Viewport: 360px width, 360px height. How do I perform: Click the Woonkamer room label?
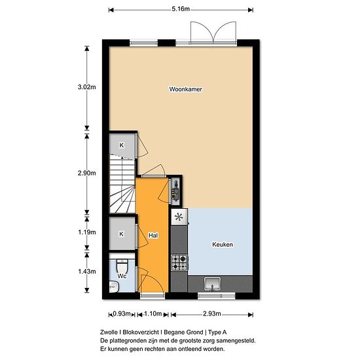(x=185, y=89)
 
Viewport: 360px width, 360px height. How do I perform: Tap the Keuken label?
(x=223, y=245)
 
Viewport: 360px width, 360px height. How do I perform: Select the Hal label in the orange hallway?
(x=153, y=236)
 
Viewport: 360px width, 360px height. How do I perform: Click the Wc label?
(x=122, y=276)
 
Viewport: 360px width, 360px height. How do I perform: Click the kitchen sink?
(x=213, y=284)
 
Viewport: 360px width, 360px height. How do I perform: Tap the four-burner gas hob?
(x=179, y=262)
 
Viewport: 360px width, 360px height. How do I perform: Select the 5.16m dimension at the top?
(x=181, y=9)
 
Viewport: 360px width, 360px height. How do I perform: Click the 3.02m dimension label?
(x=87, y=87)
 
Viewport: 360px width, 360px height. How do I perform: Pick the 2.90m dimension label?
(x=87, y=173)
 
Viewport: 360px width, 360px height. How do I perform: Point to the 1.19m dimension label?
(x=87, y=232)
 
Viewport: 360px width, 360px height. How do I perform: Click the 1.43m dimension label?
(x=87, y=272)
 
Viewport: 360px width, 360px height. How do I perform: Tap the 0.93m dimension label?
(x=122, y=314)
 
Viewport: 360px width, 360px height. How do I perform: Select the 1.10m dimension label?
(x=153, y=314)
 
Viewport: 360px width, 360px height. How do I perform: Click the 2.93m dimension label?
(x=212, y=314)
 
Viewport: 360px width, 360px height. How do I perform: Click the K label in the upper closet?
(x=122, y=145)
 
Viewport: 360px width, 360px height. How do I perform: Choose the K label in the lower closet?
(x=122, y=234)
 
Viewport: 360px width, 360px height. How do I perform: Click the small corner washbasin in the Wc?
(x=114, y=287)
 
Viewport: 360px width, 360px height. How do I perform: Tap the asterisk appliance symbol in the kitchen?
(x=179, y=217)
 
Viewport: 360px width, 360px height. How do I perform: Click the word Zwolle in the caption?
(x=109, y=333)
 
